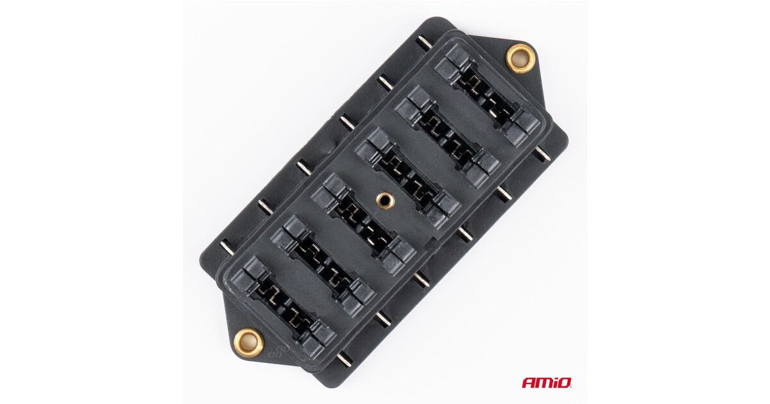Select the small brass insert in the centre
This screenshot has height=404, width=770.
click(384, 198)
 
